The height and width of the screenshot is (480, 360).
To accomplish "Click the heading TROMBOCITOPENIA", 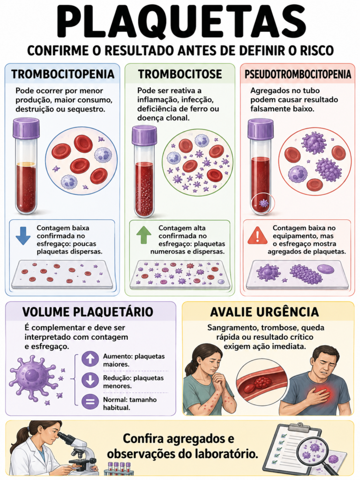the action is point(62,74).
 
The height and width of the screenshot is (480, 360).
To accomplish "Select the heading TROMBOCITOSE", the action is point(180,74).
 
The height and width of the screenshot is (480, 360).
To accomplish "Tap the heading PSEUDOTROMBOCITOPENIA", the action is point(298,74).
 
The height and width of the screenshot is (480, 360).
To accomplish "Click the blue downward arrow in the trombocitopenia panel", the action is point(23,235).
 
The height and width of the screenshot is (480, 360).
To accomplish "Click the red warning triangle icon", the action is point(257,235).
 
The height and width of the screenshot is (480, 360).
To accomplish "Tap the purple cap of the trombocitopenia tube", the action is point(26,128).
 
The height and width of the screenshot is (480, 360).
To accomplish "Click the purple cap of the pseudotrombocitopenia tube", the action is point(260,129).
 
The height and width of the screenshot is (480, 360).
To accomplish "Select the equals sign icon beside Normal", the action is point(90,401).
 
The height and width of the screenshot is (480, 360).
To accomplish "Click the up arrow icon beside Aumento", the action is point(90,359).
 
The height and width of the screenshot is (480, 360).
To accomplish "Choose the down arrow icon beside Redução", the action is point(90,380).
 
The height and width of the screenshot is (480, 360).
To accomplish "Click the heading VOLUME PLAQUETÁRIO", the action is point(88,312).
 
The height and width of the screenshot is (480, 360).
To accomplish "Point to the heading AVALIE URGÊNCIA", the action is point(264,312).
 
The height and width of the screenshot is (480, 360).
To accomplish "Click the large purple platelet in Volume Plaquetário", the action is point(33,378).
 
